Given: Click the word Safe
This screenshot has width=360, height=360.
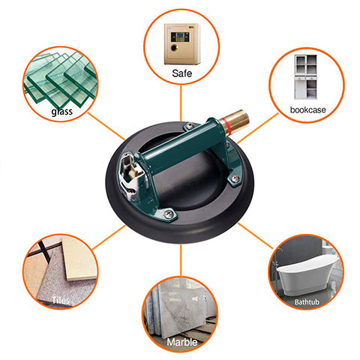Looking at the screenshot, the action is tap(181, 73).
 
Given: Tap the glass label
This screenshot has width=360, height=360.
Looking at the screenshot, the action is tap(62, 112).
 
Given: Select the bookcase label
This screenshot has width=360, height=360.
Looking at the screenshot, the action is tap(307, 109).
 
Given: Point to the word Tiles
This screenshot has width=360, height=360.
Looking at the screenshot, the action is tap(61, 300).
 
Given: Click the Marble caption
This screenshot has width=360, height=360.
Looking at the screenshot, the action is tap(182, 342).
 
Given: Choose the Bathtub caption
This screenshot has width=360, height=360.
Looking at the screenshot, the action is tap(307, 302).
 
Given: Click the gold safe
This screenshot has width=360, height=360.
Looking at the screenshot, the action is tap(182, 43).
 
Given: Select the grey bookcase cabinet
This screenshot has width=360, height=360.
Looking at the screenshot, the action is tap(305, 77).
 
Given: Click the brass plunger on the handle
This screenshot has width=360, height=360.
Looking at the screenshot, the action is tap(235, 122).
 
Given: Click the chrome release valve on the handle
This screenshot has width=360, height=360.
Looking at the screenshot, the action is tap(130, 175).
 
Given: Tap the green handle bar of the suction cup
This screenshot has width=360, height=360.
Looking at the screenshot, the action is tap(182, 149).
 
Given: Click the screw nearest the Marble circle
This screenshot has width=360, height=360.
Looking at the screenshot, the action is tap(169, 213).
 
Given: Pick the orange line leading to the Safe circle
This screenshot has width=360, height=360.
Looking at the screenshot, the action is tap(181, 103).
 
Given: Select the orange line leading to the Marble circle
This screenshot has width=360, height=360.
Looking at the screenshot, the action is tap(181, 260).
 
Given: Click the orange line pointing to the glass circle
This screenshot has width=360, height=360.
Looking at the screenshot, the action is tap(106, 126).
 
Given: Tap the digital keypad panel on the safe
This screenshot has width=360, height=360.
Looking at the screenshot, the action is tap(180, 37).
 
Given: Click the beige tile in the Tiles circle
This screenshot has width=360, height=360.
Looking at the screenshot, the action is tap(79, 259).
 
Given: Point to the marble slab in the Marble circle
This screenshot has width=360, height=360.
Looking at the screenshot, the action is tap(182, 310).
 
